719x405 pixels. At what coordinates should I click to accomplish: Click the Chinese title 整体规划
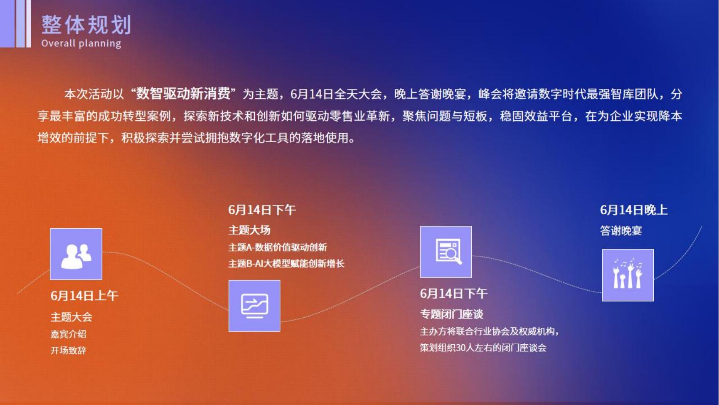point(86,25)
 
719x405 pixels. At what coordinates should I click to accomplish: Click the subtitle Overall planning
point(81,43)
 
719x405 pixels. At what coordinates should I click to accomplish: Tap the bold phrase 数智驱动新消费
point(183,94)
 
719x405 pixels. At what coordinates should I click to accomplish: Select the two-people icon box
point(76,254)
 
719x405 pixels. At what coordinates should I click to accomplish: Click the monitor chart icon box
point(254,306)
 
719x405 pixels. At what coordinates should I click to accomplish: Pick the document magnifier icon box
point(446,252)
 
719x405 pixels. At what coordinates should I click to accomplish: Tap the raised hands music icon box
point(628,275)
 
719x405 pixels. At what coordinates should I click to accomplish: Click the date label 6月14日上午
point(84,296)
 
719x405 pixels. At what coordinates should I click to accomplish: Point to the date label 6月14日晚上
point(634,210)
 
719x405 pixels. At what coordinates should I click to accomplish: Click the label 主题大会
point(71,317)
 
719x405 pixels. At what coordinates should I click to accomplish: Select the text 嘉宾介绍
point(68,334)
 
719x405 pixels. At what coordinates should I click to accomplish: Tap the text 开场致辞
point(68,350)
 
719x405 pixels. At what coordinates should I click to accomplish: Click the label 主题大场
point(249,230)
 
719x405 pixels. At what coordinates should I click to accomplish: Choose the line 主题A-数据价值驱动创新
point(278,247)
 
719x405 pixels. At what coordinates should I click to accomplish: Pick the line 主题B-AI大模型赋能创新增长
point(286,264)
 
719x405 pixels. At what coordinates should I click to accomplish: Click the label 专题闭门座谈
point(452,314)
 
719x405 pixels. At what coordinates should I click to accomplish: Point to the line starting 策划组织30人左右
point(483,348)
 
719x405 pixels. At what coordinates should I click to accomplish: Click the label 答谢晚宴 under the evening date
point(621,230)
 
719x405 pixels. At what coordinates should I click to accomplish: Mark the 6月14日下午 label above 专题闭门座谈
point(454,294)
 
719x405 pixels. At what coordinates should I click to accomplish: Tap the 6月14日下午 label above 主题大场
point(262,210)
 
